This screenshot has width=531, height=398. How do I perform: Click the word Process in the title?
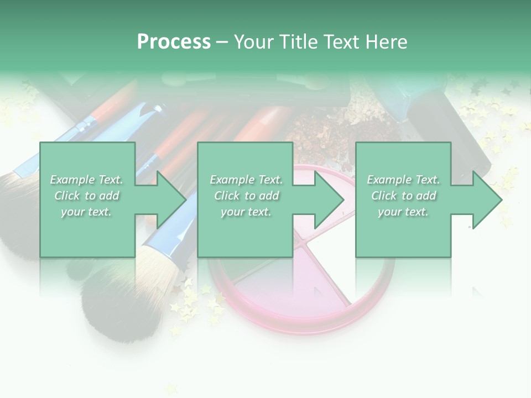pos(174,42)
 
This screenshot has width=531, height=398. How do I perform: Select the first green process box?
pos(87,160)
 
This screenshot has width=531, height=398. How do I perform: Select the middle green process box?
pos(245,160)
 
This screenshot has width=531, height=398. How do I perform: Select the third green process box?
pos(403,160)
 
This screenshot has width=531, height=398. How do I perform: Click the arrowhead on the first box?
pos(169,200)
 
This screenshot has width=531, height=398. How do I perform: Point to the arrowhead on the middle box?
pos(327,200)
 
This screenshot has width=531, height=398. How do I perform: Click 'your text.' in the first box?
pos(86,212)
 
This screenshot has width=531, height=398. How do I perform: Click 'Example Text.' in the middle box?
pos(246,180)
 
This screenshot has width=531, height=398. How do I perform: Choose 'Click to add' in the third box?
pos(404,196)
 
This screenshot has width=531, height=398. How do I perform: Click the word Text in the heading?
pos(339,42)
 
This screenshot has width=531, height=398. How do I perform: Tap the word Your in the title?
pos(254,42)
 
